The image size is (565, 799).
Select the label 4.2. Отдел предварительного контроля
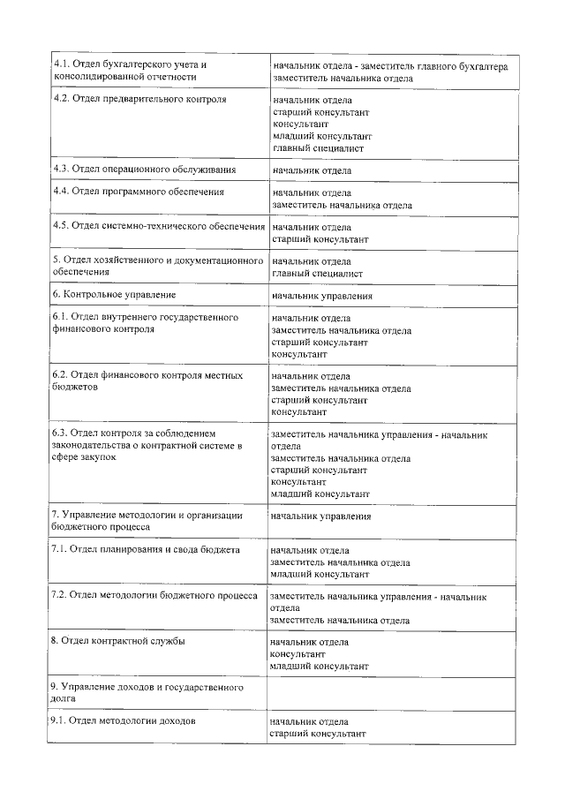coord(139,99)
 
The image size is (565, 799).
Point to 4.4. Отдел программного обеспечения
coord(138,191)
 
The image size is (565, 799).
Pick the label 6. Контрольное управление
coord(115,294)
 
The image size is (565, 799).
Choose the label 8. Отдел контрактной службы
coord(118,640)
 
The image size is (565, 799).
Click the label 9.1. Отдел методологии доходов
coord(123,720)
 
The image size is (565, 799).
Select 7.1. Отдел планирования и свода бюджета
coord(146,549)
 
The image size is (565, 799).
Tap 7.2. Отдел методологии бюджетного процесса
coord(154,595)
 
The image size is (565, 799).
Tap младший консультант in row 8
coord(320,667)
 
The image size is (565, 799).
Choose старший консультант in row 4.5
coord(320,239)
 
